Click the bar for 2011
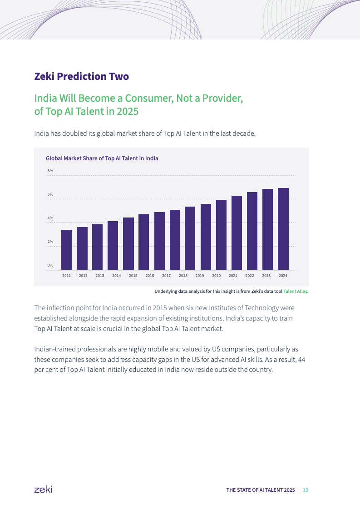(66, 250)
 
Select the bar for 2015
(128, 243)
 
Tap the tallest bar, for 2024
(283, 229)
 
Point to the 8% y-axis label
(50, 171)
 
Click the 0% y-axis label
(50, 265)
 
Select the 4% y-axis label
(50, 218)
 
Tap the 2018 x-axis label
(183, 276)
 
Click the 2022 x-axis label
(250, 276)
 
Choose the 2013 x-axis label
(100, 276)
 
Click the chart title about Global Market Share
(102, 158)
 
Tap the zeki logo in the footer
(43, 489)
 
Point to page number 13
(306, 490)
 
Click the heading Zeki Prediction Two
(82, 76)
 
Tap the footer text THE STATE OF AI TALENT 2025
(261, 490)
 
